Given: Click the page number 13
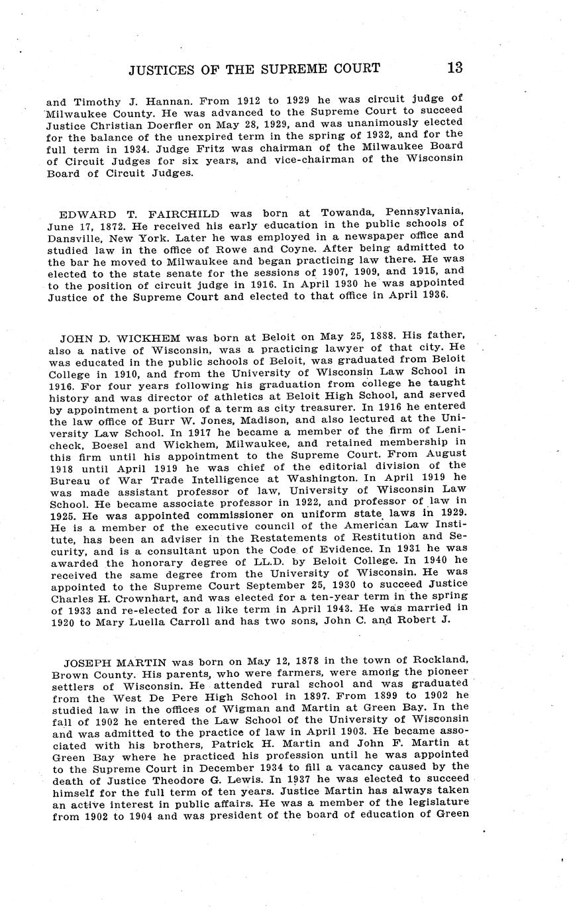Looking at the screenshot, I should (454, 68).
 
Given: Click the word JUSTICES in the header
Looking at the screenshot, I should (164, 68).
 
